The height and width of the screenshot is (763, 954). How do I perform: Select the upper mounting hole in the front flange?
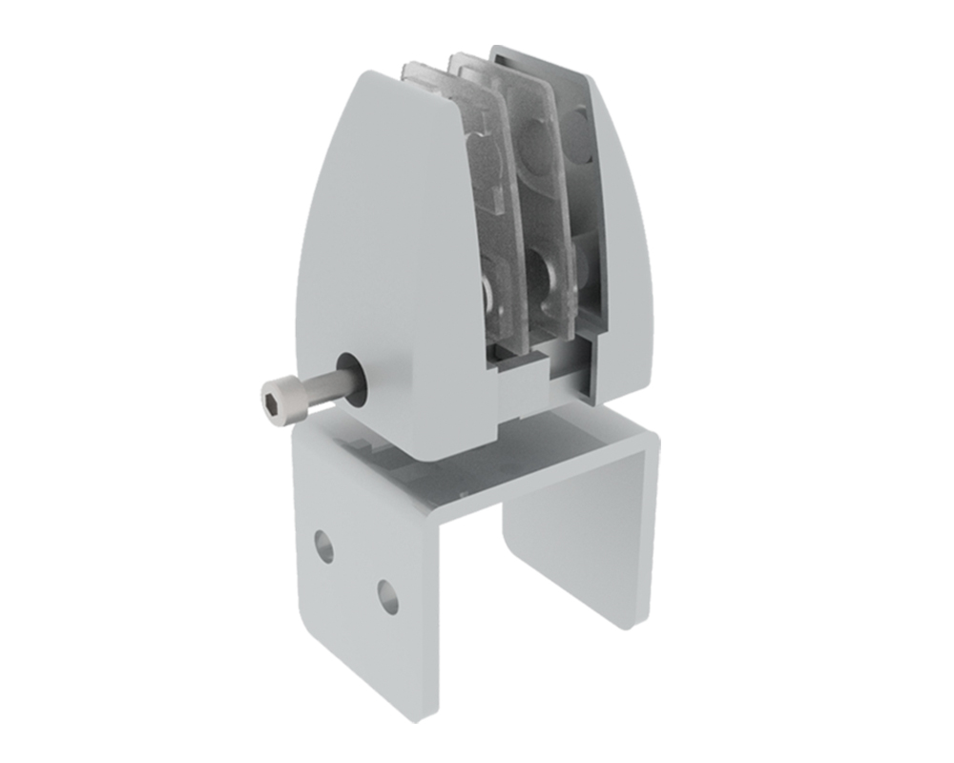click(x=325, y=546)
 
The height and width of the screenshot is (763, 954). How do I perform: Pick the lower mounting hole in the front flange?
click(x=386, y=596)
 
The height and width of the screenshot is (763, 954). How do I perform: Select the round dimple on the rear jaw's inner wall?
click(x=577, y=124)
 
